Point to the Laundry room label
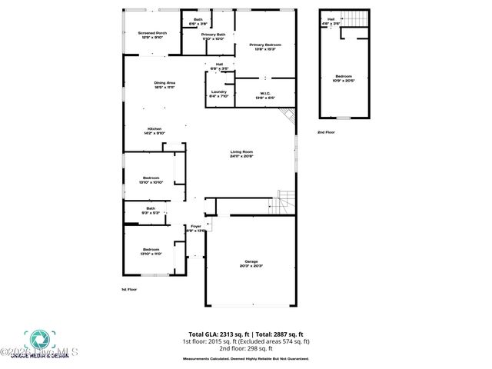point(219,94)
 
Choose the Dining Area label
point(165,85)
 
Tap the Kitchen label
point(155,131)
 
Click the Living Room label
point(241,154)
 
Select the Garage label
point(252,264)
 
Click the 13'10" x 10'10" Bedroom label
point(151,180)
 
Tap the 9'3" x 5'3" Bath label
point(151,210)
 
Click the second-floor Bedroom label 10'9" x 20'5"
point(344,78)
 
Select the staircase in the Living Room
point(284,202)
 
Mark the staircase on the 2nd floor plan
point(354,18)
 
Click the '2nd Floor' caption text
point(327,133)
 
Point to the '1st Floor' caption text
point(129,289)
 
